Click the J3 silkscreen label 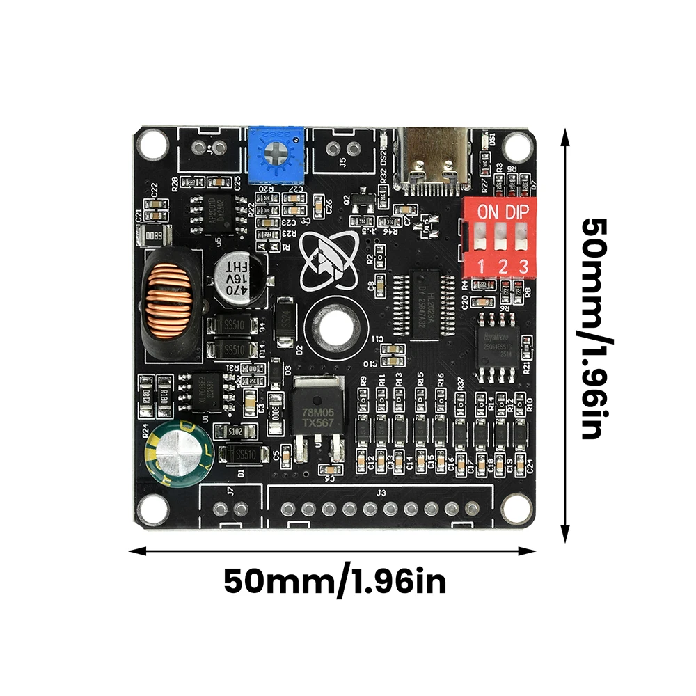(381, 493)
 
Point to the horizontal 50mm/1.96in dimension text (335, 581)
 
